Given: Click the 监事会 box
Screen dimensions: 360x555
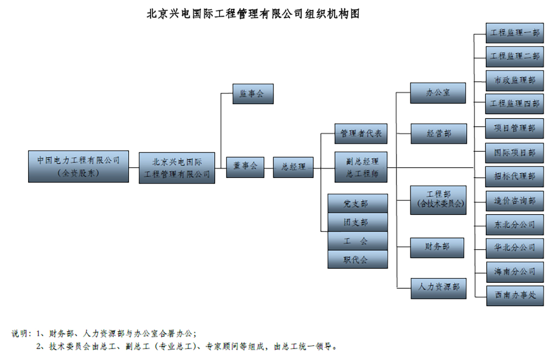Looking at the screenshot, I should (253, 94).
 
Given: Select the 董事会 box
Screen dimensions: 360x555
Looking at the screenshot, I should (245, 167).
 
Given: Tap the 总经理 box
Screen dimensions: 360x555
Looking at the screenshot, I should (293, 167).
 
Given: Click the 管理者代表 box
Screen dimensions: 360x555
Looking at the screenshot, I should (361, 134).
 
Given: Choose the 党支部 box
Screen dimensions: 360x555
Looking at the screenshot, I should (357, 203).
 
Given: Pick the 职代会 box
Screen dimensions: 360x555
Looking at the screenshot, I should (357, 259).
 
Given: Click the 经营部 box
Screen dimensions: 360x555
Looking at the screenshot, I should (438, 134).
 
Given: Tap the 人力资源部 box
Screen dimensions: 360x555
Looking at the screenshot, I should (438, 287).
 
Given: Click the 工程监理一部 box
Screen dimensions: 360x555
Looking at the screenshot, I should (514, 33).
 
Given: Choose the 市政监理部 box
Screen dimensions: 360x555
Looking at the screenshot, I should (514, 80).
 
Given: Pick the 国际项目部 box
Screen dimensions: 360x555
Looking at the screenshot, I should (514, 152).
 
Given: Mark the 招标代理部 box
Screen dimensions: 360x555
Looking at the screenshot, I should (514, 177).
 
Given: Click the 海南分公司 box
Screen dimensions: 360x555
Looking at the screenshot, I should (514, 272).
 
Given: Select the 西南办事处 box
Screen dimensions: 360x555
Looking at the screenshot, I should (514, 295).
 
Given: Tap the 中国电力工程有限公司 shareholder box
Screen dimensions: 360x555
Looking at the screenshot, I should (78, 166).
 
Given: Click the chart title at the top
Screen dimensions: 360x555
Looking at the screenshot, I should (253, 14).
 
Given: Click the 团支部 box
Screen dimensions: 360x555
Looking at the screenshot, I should (357, 222).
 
